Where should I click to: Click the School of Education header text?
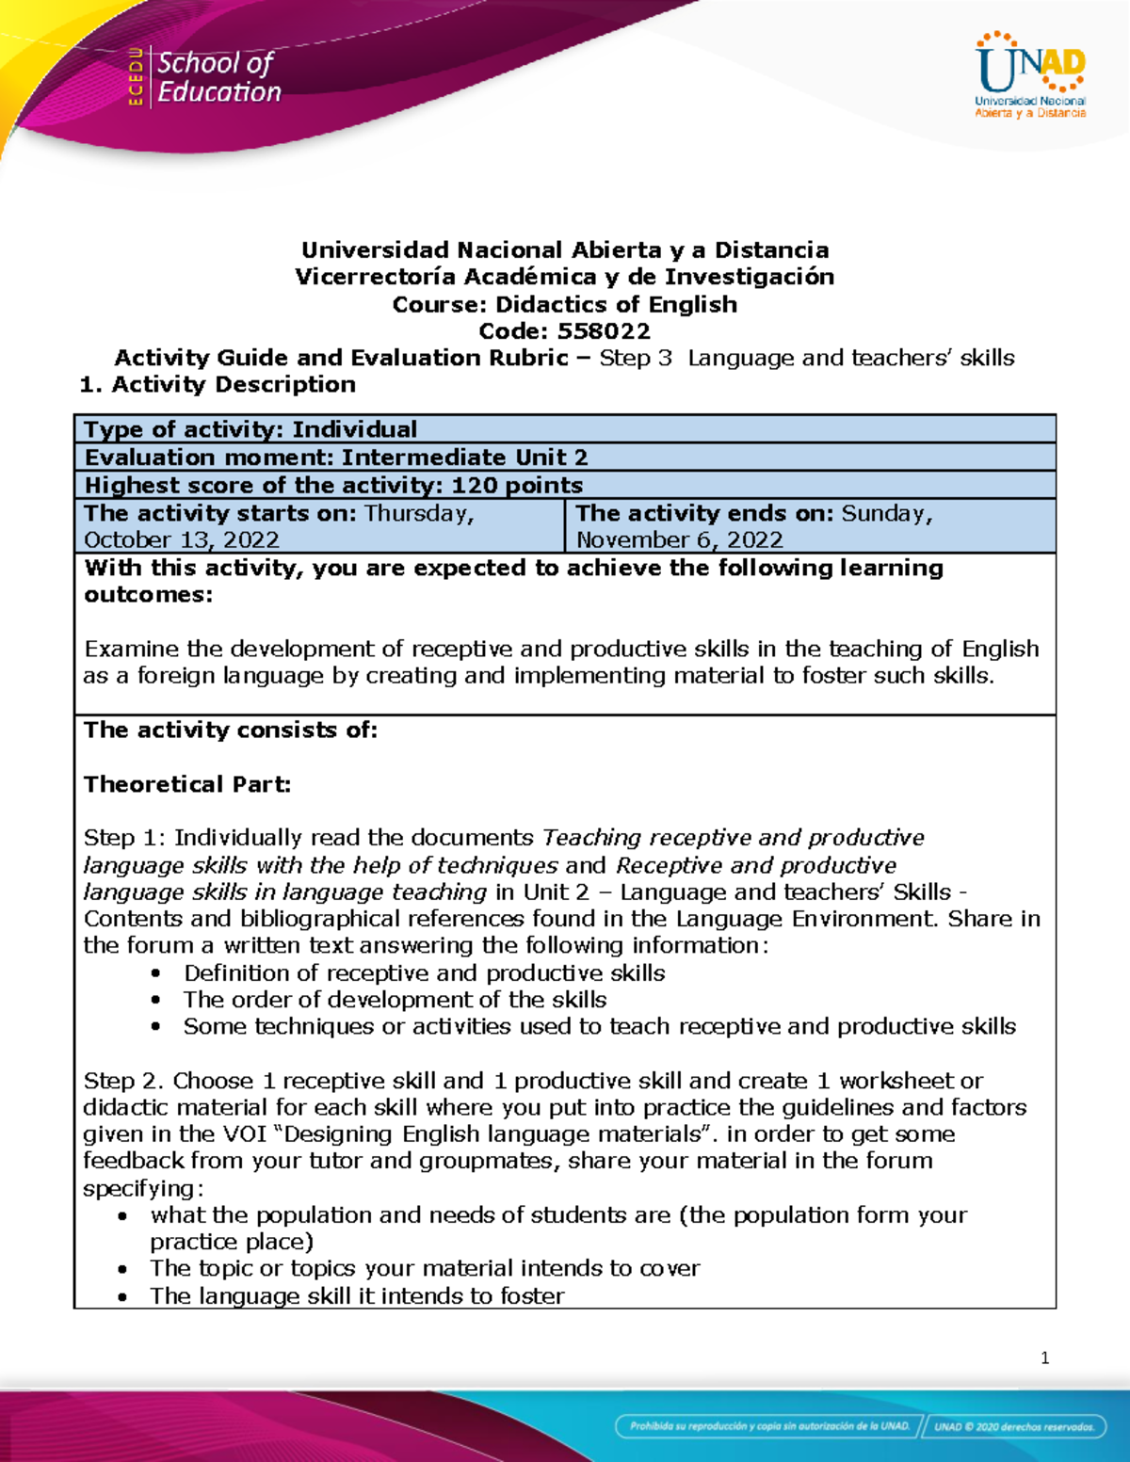click(x=218, y=77)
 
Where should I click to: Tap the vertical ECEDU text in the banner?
click(x=136, y=76)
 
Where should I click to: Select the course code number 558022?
click(x=604, y=331)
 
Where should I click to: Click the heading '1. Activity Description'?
click(x=218, y=384)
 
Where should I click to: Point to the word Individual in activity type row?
click(x=354, y=429)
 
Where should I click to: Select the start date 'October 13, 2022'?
click(x=182, y=540)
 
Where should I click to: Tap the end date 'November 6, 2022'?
click(x=679, y=540)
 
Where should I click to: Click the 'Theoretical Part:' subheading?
click(x=187, y=784)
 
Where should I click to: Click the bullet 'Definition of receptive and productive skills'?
click(x=424, y=973)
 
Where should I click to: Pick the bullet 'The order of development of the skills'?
click(x=395, y=1000)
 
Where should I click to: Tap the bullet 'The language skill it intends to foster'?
click(x=357, y=1296)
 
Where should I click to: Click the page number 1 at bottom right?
click(x=1044, y=1358)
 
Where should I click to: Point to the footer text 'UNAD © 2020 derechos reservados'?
click(x=1013, y=1426)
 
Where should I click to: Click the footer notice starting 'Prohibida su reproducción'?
click(x=769, y=1426)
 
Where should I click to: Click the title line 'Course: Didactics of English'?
click(x=564, y=305)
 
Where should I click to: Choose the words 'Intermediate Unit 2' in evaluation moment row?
click(x=464, y=458)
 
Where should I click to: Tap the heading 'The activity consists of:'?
click(x=231, y=731)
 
